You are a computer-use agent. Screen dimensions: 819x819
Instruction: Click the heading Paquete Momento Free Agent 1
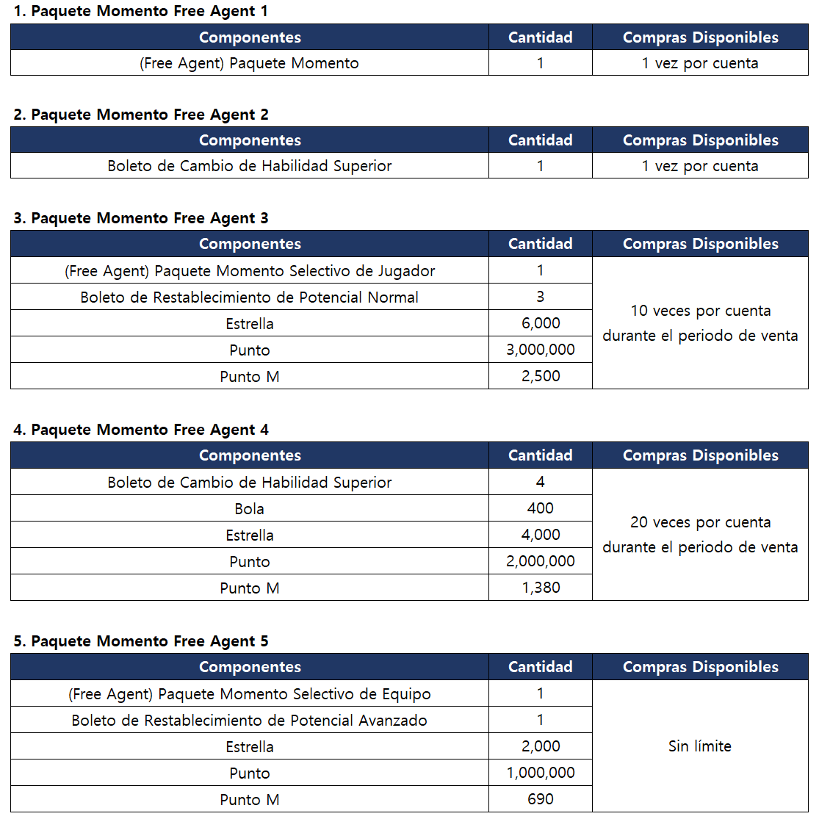140,11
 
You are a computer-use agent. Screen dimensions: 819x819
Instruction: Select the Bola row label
249,508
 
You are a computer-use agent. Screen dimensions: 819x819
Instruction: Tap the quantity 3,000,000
540,350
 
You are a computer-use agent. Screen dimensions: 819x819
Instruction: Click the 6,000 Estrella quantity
540,323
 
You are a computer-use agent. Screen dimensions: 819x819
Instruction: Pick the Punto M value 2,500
540,376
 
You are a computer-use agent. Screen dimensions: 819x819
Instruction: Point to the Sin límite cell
699,746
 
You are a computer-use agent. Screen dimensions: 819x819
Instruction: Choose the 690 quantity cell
540,799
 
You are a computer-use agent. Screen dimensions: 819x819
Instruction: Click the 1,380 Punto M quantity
540,588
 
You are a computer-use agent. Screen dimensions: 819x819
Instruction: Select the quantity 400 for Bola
540,508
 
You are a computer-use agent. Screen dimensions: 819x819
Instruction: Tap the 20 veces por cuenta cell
699,535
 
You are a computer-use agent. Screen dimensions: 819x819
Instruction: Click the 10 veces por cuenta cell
699,323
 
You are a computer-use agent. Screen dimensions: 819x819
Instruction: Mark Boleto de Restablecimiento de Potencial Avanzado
249,720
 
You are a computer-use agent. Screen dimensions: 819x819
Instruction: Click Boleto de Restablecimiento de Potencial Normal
249,297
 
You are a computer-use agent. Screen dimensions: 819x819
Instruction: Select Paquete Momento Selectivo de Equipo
249,693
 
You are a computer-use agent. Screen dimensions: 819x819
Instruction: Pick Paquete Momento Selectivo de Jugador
249,270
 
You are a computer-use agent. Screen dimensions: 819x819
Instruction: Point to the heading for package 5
140,641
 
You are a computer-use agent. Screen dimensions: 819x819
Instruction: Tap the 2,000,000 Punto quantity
540,561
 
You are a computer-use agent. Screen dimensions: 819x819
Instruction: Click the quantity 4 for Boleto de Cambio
540,482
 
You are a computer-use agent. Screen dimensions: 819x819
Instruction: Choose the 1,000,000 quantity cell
540,773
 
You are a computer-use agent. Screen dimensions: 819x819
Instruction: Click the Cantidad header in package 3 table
540,244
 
